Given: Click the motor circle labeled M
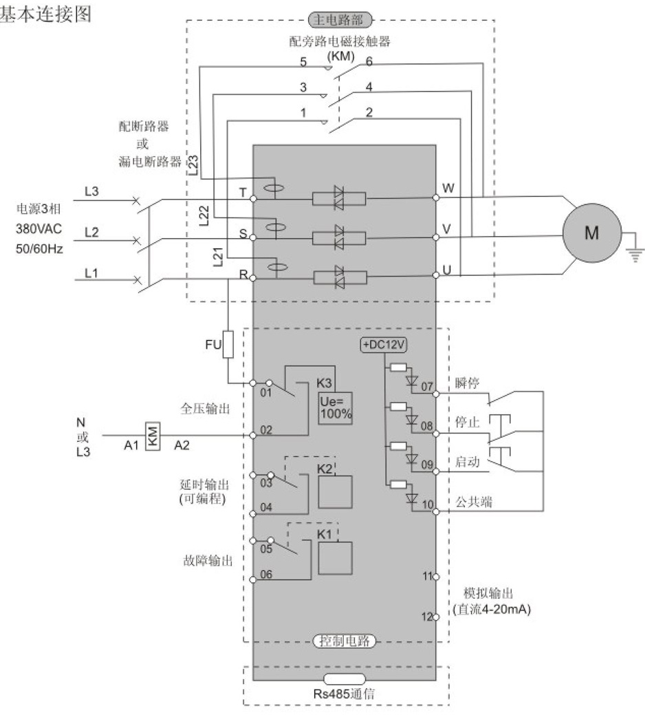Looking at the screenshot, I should click(591, 233).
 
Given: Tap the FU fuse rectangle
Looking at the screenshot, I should click(228, 345).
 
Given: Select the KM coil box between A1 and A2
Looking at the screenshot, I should click(153, 436).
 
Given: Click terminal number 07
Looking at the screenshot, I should click(428, 386).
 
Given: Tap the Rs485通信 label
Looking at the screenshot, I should click(346, 694).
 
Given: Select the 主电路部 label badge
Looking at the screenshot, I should click(340, 19).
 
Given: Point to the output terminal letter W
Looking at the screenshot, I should click(448, 187).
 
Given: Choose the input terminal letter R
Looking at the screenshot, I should click(243, 273).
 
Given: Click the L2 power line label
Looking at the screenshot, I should click(91, 233).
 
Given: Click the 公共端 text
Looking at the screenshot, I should click(473, 503).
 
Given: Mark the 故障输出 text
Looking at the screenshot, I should click(205, 560).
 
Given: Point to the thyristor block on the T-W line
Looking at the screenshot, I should click(338, 198).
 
